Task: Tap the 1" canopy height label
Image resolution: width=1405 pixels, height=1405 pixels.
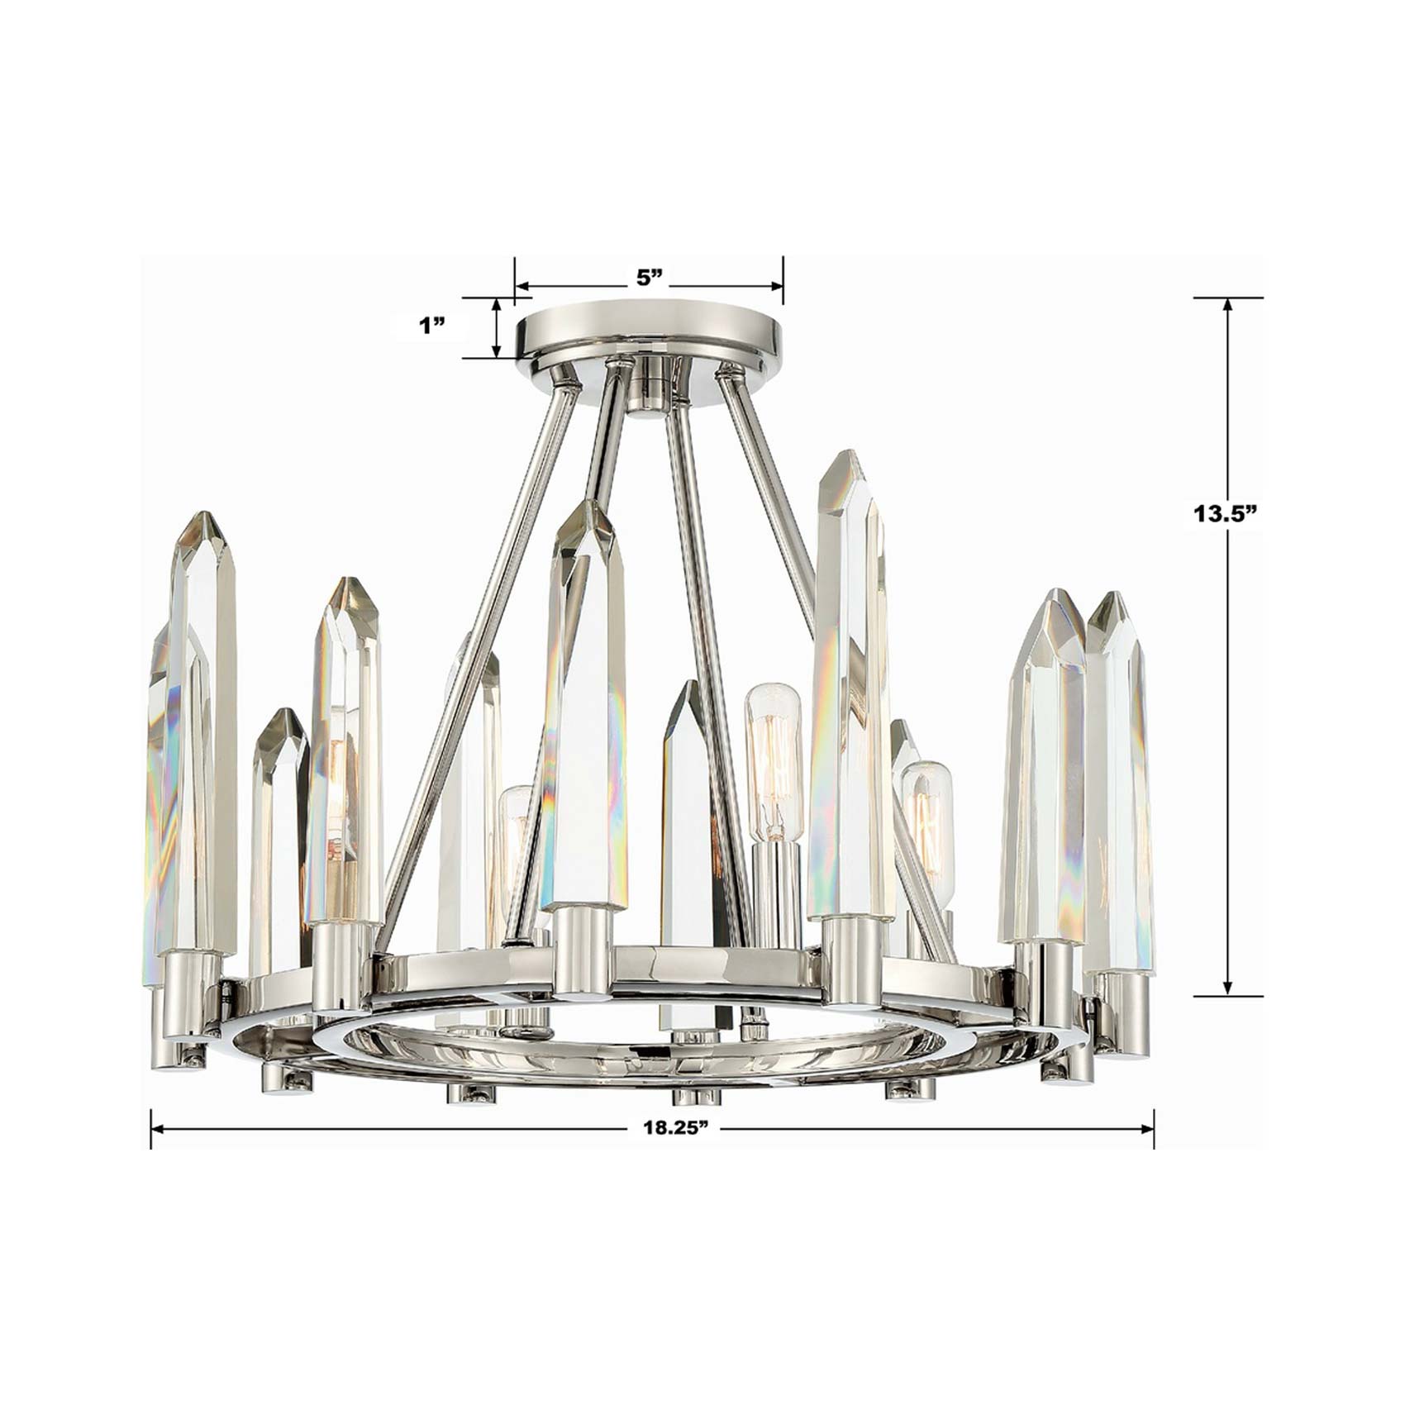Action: click(431, 326)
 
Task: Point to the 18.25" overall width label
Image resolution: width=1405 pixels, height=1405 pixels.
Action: click(677, 1127)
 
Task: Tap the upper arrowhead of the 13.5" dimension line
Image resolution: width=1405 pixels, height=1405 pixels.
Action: click(1227, 304)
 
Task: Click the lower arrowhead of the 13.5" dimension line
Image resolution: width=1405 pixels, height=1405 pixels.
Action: click(1227, 988)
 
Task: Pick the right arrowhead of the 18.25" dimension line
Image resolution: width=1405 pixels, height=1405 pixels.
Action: click(1145, 1127)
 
